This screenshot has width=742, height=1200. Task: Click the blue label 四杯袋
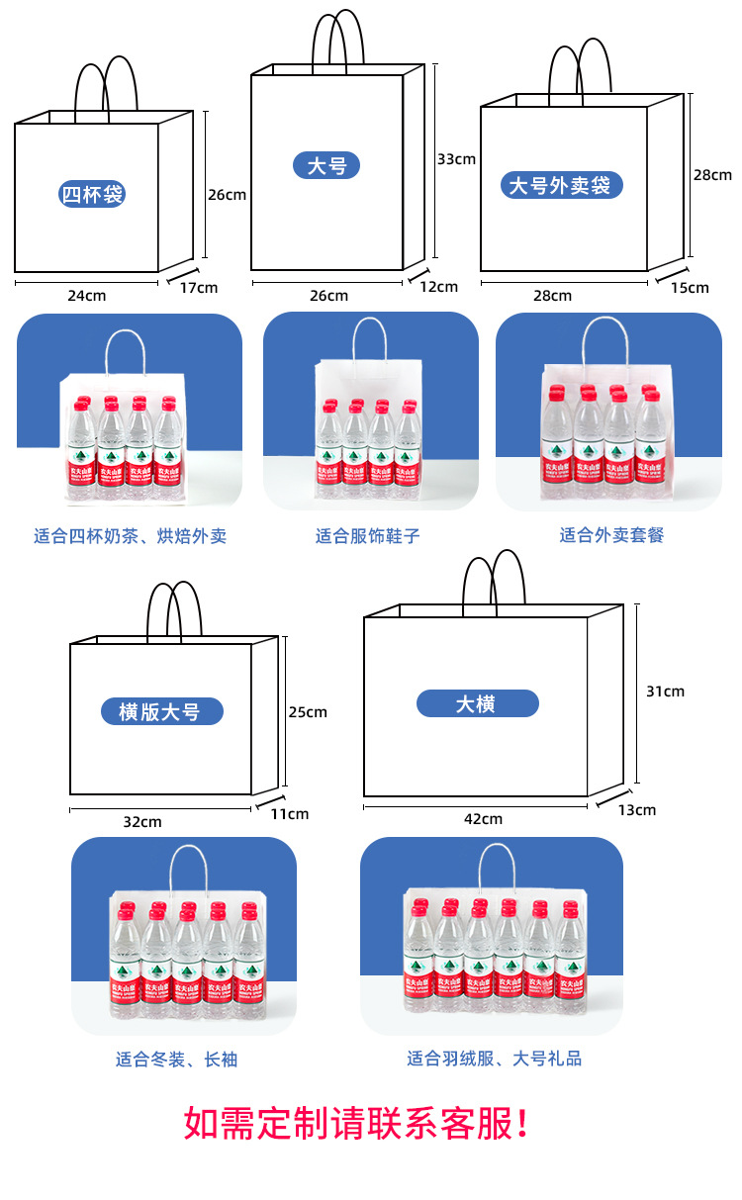point(92,194)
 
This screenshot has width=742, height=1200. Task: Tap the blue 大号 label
point(326,165)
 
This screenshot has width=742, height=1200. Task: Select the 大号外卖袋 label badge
point(561,185)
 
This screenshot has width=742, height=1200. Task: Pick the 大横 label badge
point(476,703)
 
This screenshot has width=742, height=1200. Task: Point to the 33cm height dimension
point(456,158)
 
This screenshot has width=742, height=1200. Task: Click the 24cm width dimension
point(86,295)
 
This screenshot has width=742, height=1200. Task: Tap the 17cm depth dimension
point(199,287)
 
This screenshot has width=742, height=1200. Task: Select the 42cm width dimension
point(483,818)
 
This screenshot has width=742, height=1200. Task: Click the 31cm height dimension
point(665,692)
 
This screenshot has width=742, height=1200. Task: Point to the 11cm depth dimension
point(290,813)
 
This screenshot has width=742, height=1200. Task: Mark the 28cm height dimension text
point(712,175)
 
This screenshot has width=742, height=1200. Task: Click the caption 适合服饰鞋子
point(368,536)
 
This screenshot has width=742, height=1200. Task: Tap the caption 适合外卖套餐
point(611,535)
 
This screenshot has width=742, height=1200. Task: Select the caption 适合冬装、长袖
point(176,1060)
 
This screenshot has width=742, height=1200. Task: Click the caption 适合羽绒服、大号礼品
point(494,1059)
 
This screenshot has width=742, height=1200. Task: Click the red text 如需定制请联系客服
point(357,1124)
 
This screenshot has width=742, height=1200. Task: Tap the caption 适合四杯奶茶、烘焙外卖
point(130,536)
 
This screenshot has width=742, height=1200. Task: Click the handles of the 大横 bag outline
point(494,584)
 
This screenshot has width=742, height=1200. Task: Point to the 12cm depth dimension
point(439,287)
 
